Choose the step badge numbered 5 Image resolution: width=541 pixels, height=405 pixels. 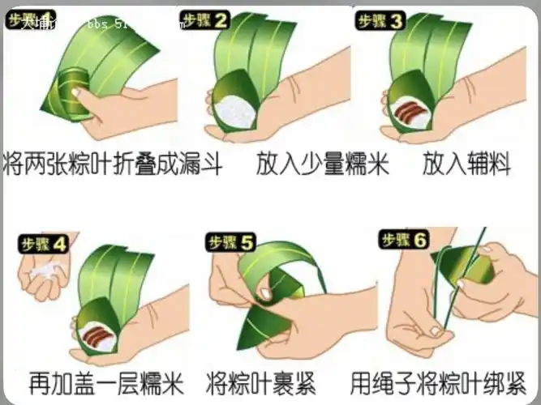point(231,241)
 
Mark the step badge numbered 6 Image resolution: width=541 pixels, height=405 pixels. point(403,239)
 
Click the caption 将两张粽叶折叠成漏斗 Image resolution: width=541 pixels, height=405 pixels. point(114,164)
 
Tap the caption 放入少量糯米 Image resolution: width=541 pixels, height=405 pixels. point(322,164)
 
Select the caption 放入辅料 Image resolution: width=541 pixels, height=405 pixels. point(466,164)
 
